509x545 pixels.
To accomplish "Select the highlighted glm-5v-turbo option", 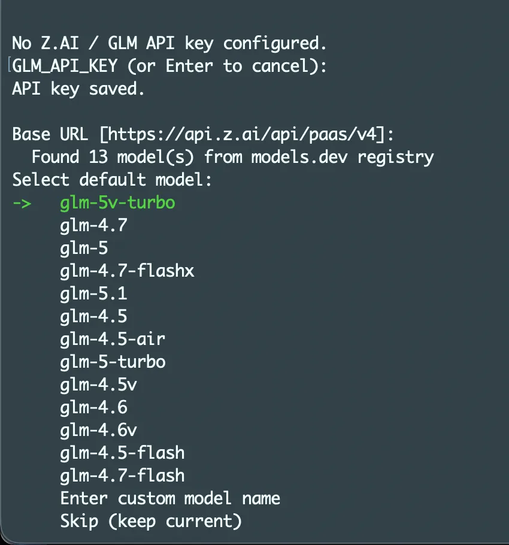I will [x=117, y=202].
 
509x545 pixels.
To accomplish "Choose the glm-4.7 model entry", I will [x=93, y=225].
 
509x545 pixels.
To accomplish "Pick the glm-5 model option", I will [x=84, y=248].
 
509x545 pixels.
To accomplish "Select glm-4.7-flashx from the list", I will [x=127, y=271].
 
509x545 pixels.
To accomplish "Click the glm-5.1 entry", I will [x=93, y=293].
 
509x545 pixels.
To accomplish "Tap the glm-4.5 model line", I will [x=93, y=316].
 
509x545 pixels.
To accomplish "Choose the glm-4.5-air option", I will [x=113, y=339].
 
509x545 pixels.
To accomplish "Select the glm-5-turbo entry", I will [x=113, y=362].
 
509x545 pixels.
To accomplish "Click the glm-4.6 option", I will [x=93, y=407].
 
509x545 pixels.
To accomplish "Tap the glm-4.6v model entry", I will [x=98, y=430].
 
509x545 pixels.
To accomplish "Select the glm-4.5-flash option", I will [x=122, y=453].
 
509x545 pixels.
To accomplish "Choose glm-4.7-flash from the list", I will [x=122, y=476].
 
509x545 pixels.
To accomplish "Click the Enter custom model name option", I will [x=170, y=498].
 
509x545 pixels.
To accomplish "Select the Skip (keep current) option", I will [x=151, y=521].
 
